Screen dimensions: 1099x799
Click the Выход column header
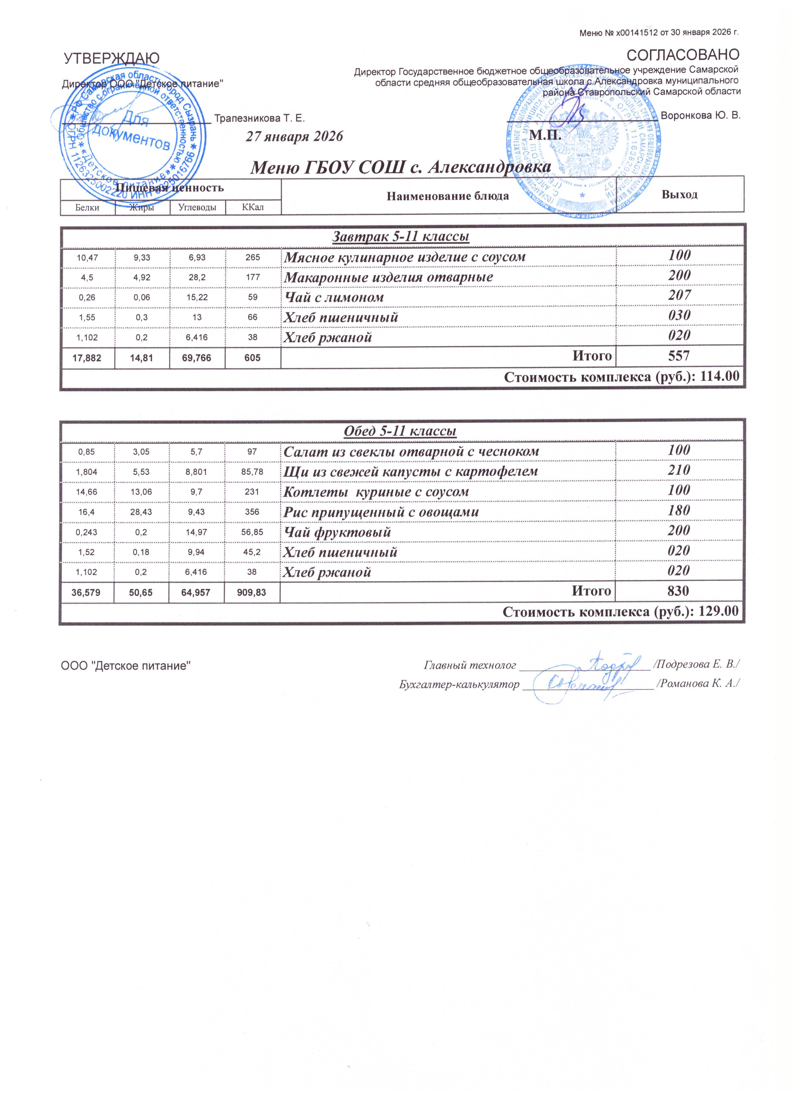(x=679, y=194)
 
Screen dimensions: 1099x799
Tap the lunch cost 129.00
(x=719, y=611)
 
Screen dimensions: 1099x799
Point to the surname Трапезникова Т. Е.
(x=259, y=118)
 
